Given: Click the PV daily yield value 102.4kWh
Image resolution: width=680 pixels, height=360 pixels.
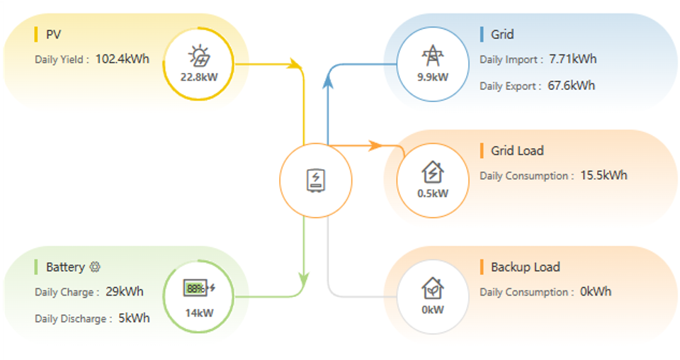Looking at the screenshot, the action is [x=123, y=59].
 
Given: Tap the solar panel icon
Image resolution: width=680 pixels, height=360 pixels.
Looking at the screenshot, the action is [x=200, y=56].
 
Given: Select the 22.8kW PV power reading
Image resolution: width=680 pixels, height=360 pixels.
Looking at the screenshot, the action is [x=199, y=77].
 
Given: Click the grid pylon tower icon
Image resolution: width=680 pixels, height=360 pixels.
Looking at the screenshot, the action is [x=433, y=55].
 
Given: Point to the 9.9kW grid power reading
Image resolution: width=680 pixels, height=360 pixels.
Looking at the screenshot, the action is [x=433, y=77].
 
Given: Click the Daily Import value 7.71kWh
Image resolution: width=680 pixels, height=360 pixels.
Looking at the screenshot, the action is [x=573, y=59].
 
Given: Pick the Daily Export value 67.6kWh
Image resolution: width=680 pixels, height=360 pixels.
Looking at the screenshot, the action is [x=571, y=86].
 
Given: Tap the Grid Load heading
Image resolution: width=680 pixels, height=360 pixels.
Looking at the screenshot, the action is [x=517, y=150].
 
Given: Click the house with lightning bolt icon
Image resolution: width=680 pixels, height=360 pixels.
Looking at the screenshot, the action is [x=433, y=171].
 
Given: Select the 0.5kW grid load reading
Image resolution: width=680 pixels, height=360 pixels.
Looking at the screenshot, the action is [x=433, y=193].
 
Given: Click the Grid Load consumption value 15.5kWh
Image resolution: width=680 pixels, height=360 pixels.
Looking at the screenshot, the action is [x=603, y=175].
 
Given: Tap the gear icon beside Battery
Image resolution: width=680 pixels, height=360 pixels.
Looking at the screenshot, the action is [x=95, y=266].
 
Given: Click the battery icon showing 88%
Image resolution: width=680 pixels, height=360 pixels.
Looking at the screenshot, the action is [x=199, y=288].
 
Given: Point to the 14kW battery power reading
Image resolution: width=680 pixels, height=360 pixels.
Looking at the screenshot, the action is [x=199, y=313].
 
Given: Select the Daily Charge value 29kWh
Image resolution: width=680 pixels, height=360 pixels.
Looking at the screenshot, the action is [x=125, y=291].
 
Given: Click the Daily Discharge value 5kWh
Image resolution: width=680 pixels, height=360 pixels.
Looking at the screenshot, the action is [x=134, y=318].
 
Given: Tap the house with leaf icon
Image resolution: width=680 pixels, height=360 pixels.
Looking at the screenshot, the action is [x=433, y=288].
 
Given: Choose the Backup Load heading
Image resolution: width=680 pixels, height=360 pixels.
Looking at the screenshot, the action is [x=525, y=266].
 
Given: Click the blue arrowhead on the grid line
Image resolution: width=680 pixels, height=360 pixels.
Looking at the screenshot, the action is [x=328, y=81].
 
